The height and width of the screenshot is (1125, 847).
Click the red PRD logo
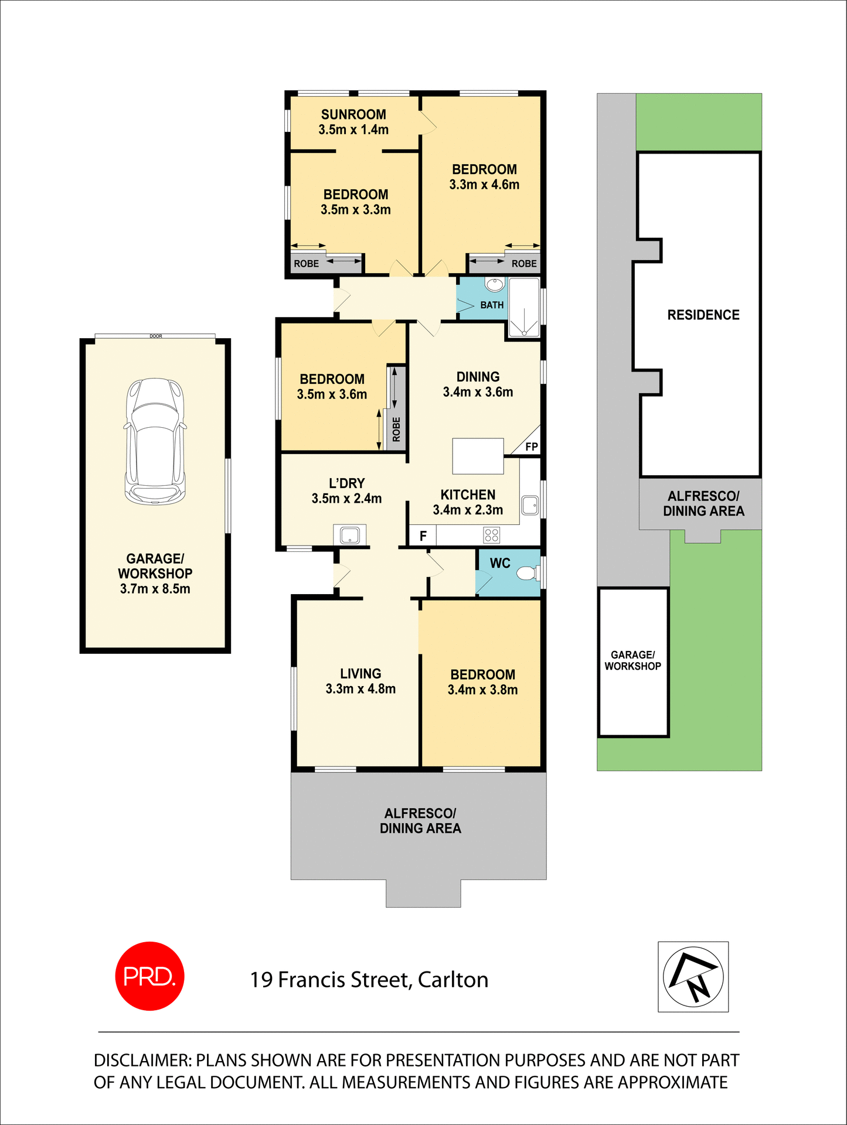pos(149,976)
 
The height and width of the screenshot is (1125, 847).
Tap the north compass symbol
pos(693,977)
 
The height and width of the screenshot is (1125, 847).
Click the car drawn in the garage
pos(155,441)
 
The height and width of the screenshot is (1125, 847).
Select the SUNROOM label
pos(353,115)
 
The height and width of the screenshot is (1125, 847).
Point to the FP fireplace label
pos(531,447)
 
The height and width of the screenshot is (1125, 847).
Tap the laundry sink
pos(349,534)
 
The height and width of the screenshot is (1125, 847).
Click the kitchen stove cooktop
pos(491,534)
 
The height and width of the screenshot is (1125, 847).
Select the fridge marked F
pos(423,536)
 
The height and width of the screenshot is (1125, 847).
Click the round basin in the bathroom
pos(494,285)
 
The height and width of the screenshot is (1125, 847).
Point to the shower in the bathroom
pos(523,308)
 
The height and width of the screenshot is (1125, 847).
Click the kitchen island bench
pos(478,456)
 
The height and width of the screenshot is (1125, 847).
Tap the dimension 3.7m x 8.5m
pos(155,589)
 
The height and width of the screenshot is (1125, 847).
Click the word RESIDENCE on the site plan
pos(703,315)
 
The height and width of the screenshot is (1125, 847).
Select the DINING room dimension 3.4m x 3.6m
pos(478,392)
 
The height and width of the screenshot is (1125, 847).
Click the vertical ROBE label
pos(396,429)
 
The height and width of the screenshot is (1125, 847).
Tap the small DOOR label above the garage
pos(155,336)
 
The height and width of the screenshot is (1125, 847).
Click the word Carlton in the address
pos(453,980)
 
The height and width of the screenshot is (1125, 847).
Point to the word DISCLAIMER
pos(141,1061)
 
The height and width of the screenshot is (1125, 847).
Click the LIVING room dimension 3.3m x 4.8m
pos(360,689)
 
